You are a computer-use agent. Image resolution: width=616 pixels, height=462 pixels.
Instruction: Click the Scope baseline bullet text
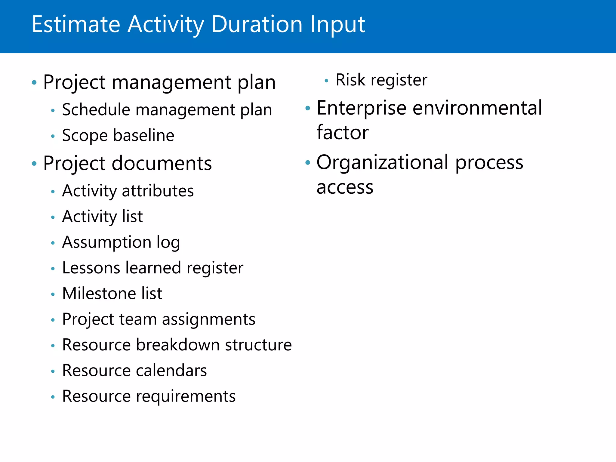[x=118, y=135]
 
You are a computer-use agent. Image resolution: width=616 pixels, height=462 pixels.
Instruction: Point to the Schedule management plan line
[x=167, y=110]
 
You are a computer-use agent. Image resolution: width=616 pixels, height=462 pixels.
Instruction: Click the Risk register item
[x=381, y=80]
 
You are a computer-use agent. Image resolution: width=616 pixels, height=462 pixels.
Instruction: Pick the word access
[x=345, y=187]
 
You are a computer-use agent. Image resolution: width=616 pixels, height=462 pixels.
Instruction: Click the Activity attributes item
[x=128, y=191]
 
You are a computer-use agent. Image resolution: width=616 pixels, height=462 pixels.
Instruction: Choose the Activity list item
[x=102, y=217]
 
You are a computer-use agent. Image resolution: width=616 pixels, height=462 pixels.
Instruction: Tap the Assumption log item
[x=121, y=242]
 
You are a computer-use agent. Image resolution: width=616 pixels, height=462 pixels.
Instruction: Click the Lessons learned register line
[x=152, y=268]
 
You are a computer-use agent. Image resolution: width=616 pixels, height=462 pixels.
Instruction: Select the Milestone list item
[x=112, y=294]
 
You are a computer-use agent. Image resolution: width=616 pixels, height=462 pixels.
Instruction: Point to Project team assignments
[x=159, y=319]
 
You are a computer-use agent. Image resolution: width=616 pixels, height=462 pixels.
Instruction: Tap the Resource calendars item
[x=134, y=371]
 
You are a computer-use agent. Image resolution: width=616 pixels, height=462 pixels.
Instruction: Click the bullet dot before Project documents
[x=34, y=164]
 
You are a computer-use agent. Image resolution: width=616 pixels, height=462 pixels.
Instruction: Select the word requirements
[x=186, y=396]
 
